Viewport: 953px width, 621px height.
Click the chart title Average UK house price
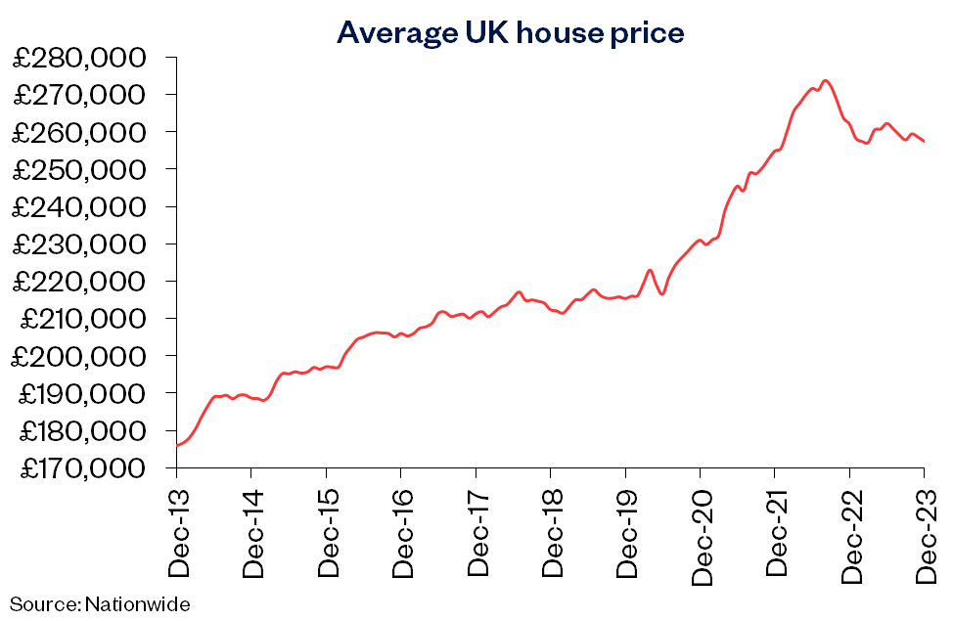point(510,32)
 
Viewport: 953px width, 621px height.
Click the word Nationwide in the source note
point(137,603)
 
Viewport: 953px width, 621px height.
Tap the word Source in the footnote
point(43,603)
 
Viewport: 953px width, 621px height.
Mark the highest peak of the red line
point(826,80)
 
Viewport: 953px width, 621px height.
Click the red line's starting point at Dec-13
point(176,446)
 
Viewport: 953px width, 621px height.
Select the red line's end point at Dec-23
point(925,142)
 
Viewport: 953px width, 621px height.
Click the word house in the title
point(552,32)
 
